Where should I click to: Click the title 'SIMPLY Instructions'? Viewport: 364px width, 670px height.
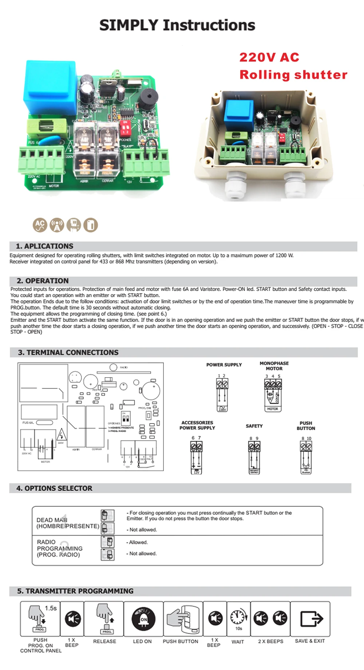click(177, 25)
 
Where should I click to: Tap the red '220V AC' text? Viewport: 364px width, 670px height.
click(269, 57)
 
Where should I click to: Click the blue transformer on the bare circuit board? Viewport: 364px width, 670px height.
click(50, 87)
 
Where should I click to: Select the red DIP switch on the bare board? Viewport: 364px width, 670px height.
click(125, 127)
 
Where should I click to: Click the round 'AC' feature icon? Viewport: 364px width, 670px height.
click(40, 225)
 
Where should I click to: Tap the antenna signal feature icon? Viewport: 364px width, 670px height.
click(57, 225)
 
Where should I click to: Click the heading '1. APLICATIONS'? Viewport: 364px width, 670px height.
click(44, 246)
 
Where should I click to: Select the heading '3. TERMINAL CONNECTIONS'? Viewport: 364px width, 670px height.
click(68, 352)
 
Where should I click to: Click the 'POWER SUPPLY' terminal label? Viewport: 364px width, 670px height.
click(224, 364)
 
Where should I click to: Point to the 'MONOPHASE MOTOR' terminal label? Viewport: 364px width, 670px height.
click(274, 366)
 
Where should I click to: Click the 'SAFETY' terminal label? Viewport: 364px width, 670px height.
click(254, 426)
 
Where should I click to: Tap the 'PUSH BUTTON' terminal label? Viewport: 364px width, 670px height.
click(306, 426)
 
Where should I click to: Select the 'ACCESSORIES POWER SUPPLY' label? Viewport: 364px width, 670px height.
click(197, 425)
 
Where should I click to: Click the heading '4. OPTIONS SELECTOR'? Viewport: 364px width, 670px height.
click(54, 488)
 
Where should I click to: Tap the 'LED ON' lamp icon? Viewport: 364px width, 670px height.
click(143, 619)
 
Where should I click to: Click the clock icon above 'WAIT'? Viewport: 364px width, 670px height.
click(238, 617)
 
